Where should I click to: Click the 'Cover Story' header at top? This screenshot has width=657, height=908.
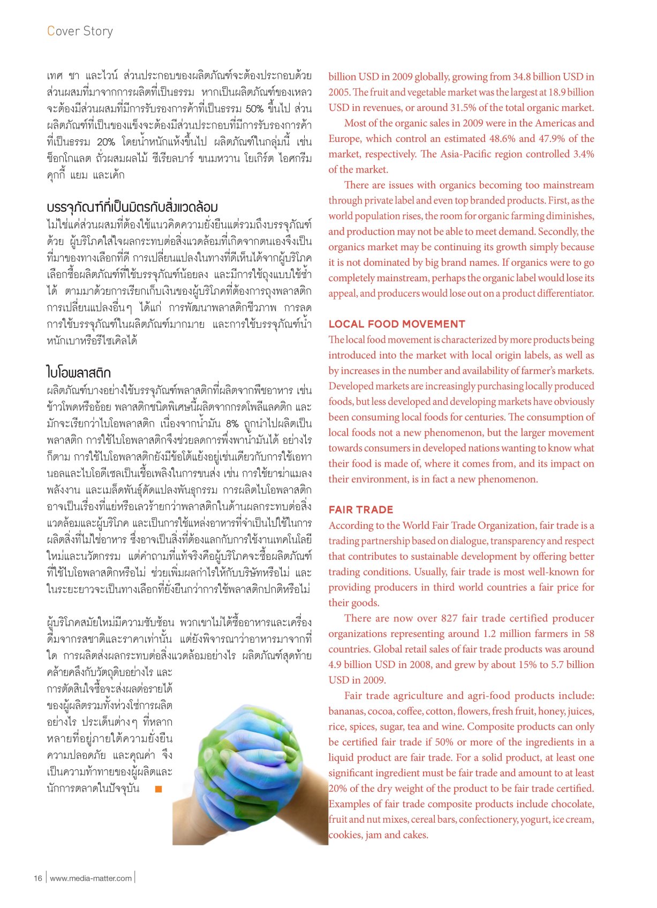[x=80, y=31]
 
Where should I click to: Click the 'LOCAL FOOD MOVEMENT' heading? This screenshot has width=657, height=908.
[x=397, y=324]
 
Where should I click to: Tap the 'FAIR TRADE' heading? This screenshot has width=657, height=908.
[x=361, y=510]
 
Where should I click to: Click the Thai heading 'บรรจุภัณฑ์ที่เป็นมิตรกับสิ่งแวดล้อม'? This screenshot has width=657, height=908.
[x=132, y=207]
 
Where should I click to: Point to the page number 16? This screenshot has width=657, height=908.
[x=37, y=878]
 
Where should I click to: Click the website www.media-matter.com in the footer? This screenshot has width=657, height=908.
[x=90, y=878]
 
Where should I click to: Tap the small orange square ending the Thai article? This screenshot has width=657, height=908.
[x=158, y=789]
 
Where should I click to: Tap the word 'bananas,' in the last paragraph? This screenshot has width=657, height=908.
[x=347, y=711]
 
